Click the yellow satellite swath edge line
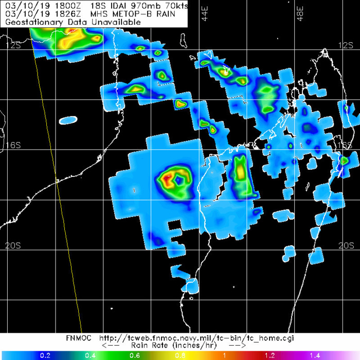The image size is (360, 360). (57, 185)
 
